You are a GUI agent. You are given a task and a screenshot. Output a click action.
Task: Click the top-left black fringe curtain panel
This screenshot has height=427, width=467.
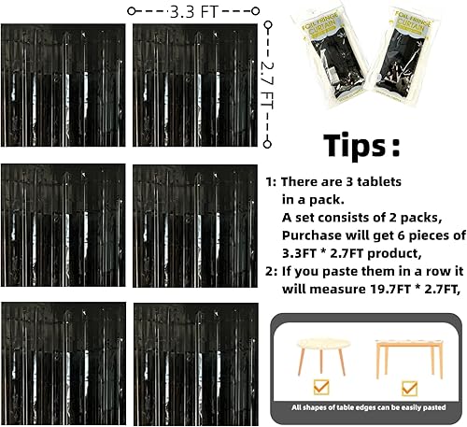click(x=64, y=86)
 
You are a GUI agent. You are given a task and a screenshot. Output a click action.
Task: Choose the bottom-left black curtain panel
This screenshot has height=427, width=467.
click(x=64, y=360)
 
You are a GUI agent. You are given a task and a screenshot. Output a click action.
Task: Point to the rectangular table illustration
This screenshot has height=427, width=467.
click(x=409, y=354)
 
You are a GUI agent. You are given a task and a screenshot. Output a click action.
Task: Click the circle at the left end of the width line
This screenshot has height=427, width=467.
click(x=133, y=10)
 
